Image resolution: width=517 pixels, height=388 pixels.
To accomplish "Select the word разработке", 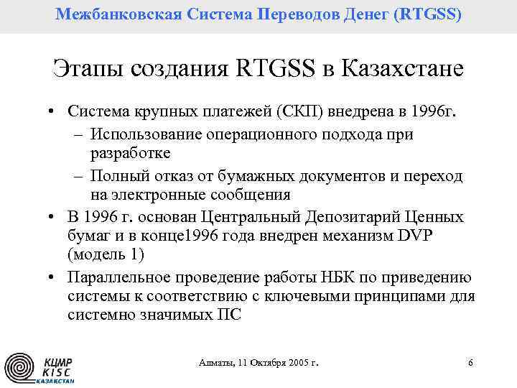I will coord(130,153).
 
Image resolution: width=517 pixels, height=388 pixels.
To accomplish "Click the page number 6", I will coord(470,363).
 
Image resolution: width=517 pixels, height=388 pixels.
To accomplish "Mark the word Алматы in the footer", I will coord(216,363).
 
